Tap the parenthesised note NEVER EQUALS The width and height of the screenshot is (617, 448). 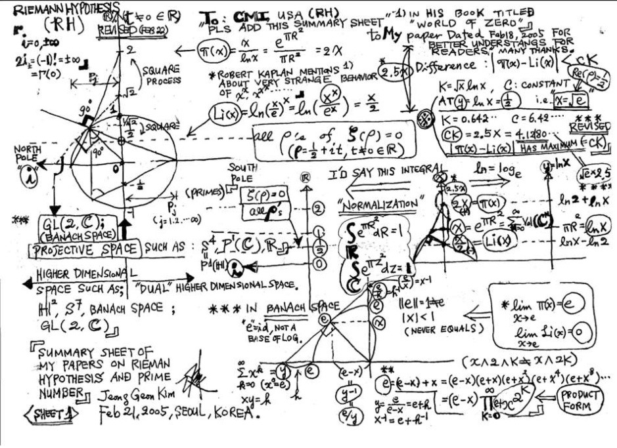tap(436, 331)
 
